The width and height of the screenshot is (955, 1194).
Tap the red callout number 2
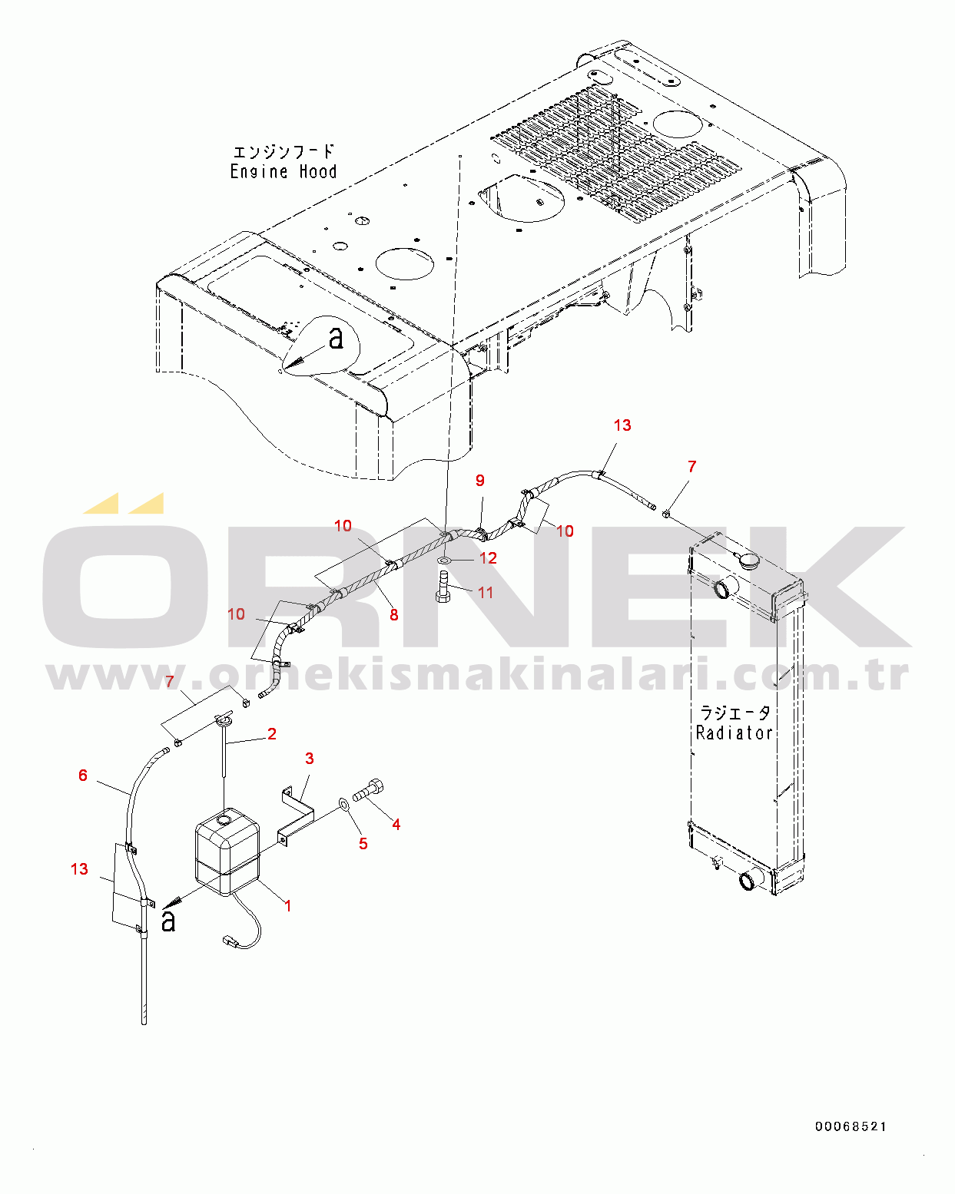click(271, 733)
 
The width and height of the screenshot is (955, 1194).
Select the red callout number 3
click(310, 758)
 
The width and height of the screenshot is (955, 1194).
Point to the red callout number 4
click(396, 824)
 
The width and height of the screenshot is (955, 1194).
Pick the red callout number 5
click(363, 843)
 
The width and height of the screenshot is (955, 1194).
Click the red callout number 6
click(83, 775)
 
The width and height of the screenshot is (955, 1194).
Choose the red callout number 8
click(393, 614)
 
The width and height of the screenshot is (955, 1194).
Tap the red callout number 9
click(480, 480)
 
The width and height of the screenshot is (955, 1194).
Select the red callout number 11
click(486, 593)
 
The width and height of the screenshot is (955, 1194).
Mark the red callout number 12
click(488, 557)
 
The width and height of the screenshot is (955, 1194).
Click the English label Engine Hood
click(284, 171)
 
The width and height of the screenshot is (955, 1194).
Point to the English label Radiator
click(734, 733)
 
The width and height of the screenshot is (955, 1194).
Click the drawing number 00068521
click(851, 1126)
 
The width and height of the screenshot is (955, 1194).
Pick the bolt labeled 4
click(370, 790)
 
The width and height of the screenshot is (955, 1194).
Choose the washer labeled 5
click(343, 804)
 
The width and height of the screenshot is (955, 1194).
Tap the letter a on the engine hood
click(336, 337)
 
